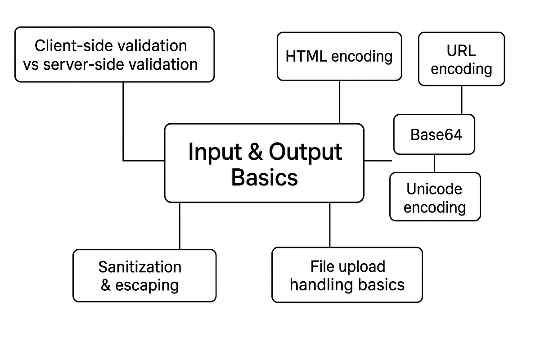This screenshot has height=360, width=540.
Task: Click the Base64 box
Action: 434,135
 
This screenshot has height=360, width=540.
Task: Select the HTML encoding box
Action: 339,56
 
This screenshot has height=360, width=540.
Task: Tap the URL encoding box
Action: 462,59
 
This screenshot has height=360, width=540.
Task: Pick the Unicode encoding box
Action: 435,197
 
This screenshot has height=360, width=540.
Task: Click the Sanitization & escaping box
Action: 144,275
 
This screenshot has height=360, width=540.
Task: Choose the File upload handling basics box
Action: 347,274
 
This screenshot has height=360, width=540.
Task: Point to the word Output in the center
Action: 306,152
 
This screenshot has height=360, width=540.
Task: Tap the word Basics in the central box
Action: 264,177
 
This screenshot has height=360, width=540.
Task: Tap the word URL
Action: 462,50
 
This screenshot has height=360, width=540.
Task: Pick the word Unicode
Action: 434,189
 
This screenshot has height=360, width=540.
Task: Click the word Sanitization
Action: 139,267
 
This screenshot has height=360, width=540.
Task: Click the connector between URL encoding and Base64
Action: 462,100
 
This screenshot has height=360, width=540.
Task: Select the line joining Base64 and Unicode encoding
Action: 434,163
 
